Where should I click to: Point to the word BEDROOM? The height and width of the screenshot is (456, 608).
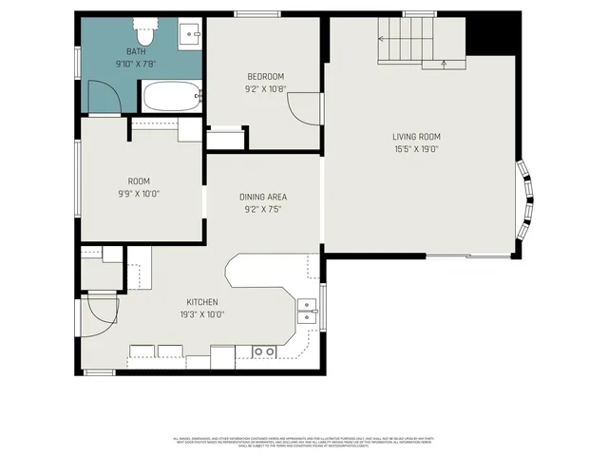pos(265,77)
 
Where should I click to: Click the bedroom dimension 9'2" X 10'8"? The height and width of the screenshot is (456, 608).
pos(265,89)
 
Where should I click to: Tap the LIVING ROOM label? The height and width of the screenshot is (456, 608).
pos(417,137)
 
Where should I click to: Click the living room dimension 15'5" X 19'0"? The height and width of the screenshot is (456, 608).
pos(417,149)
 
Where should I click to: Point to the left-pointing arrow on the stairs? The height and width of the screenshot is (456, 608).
pos(384,39)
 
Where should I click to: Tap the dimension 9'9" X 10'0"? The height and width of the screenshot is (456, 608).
pos(139,193)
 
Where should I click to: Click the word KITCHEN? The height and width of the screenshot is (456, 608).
pos(201,302)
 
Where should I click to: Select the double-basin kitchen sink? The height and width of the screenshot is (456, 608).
pos(307,312)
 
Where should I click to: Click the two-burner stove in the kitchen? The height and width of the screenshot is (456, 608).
pos(264,351)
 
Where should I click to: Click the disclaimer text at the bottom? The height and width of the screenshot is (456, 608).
pos(303,442)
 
